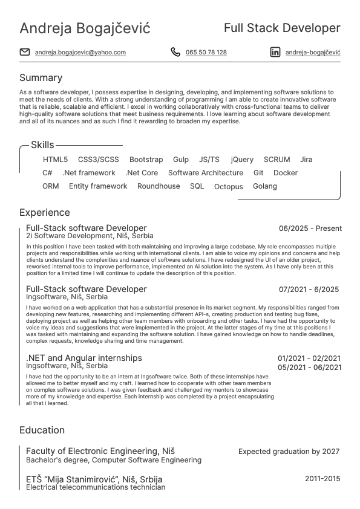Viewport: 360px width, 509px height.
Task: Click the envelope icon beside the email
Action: [25, 52]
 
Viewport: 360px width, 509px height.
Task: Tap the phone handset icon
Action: [175, 52]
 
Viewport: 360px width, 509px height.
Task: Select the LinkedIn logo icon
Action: [275, 52]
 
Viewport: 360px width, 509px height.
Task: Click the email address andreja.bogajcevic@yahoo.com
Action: [80, 53]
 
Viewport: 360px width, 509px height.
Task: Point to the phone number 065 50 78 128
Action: [206, 53]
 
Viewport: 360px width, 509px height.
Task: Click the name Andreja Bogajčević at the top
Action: [85, 28]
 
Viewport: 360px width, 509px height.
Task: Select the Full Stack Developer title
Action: [282, 28]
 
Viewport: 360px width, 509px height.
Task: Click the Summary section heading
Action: [41, 78]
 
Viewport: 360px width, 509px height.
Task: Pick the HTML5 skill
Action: [56, 160]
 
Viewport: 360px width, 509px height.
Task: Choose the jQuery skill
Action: [242, 160]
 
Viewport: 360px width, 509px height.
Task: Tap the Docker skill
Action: [286, 173]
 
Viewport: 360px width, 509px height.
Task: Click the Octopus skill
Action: [229, 187]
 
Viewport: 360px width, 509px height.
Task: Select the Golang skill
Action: [265, 186]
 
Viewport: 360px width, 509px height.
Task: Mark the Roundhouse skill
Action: [159, 186]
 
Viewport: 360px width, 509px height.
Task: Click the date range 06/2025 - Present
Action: [310, 229]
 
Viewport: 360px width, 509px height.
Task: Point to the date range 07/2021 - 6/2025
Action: [309, 290]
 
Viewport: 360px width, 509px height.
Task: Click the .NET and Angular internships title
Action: [84, 358]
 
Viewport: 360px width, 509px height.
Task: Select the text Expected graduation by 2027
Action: [289, 452]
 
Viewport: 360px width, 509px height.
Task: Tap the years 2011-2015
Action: [322, 479]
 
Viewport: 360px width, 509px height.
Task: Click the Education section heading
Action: [42, 430]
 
